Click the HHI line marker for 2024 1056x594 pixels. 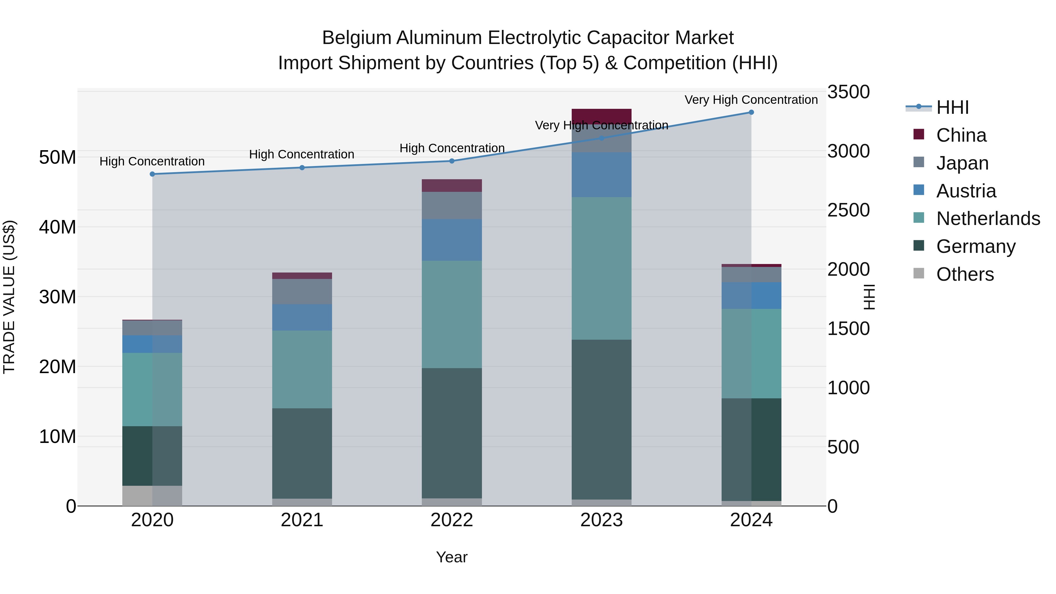tap(751, 112)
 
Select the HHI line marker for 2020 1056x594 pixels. tap(153, 174)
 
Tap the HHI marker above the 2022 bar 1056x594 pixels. tap(452, 161)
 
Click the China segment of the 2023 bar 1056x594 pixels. tap(601, 116)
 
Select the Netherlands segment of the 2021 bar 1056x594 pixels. tap(302, 369)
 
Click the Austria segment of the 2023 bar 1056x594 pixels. tap(601, 175)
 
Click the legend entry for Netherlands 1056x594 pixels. tap(988, 219)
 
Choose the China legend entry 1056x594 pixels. tap(961, 135)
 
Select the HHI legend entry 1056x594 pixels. tap(952, 107)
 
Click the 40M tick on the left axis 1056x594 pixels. tap(57, 227)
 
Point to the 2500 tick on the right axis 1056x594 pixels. tap(848, 210)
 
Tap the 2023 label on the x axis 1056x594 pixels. tap(601, 520)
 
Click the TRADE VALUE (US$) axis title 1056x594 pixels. tap(9, 297)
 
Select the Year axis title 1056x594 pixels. tap(452, 557)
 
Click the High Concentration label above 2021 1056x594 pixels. tap(302, 155)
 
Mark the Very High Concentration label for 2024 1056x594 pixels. tap(751, 100)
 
